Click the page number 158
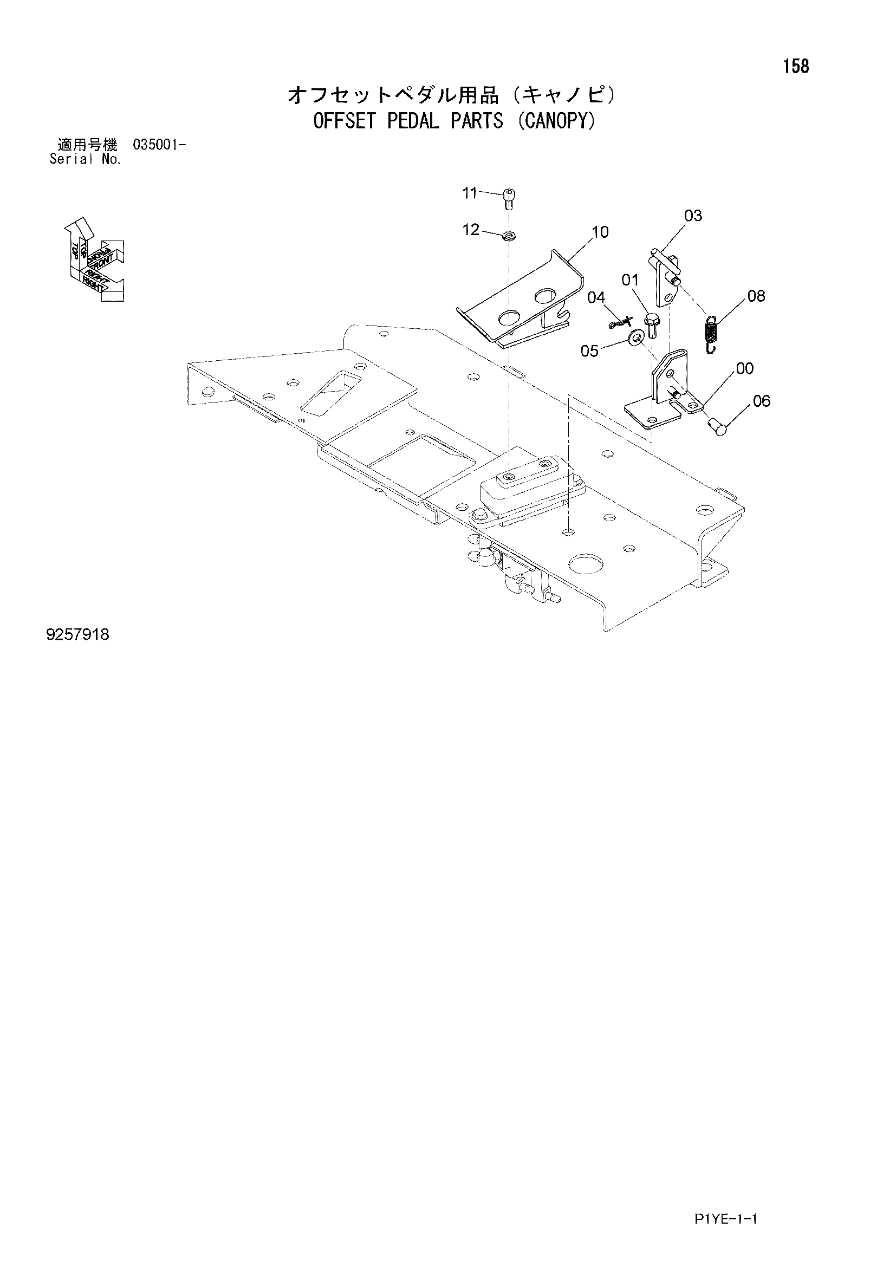click(x=796, y=67)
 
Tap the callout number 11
click(x=470, y=193)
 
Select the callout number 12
click(x=471, y=230)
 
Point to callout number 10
click(x=600, y=232)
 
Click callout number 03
click(x=693, y=216)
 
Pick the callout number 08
click(x=756, y=296)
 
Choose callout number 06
click(x=761, y=401)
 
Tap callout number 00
click(x=745, y=369)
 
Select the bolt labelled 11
click(x=509, y=199)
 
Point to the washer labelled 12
click(x=509, y=236)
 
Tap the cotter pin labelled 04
click(x=621, y=323)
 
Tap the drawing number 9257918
click(x=78, y=635)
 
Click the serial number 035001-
click(x=159, y=146)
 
